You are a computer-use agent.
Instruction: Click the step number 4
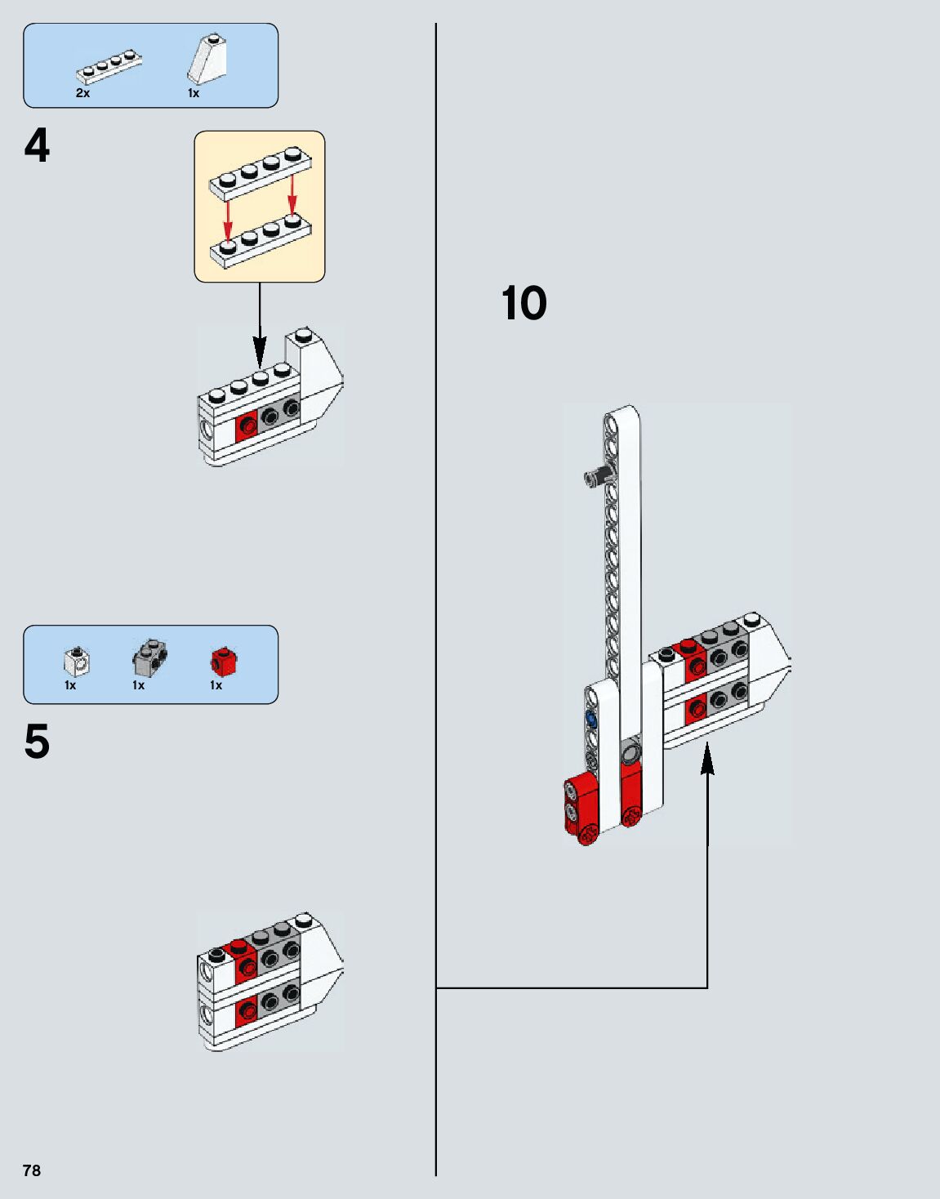pyautogui.click(x=37, y=148)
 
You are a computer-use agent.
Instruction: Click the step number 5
pyautogui.click(x=37, y=742)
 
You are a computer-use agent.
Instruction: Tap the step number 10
pyautogui.click(x=523, y=304)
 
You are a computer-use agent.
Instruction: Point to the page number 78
pyautogui.click(x=32, y=1170)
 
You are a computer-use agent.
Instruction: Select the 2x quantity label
pyautogui.click(x=82, y=93)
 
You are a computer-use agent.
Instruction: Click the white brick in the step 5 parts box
pyautogui.click(x=77, y=661)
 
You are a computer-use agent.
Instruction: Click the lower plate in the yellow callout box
pyautogui.click(x=260, y=240)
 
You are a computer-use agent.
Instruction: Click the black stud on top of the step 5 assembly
pyautogui.click(x=217, y=955)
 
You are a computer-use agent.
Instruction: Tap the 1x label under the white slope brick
pyautogui.click(x=194, y=93)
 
